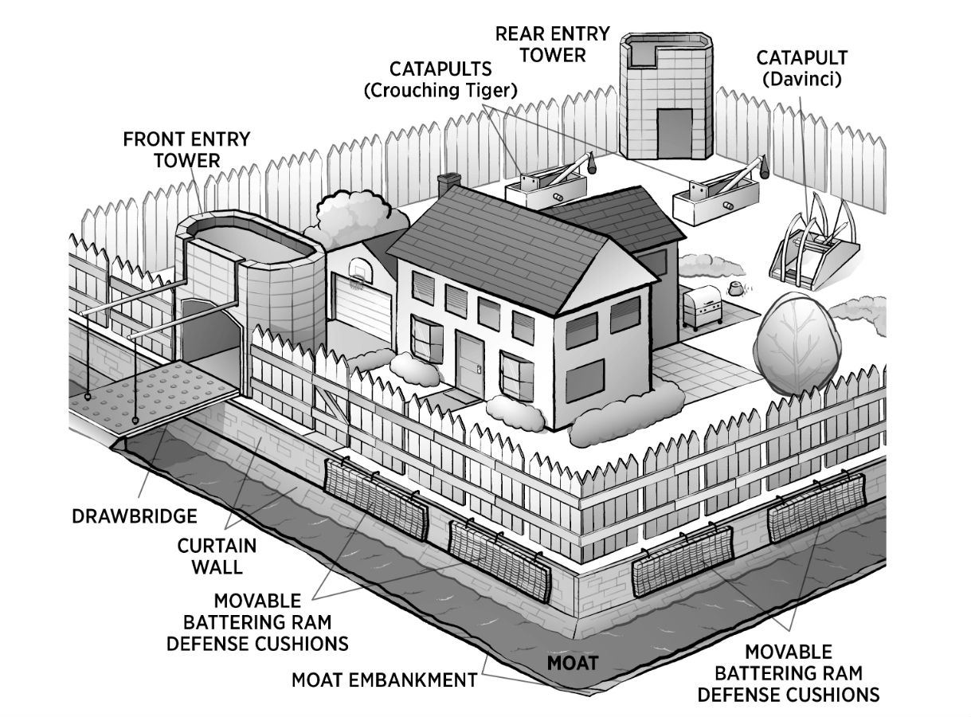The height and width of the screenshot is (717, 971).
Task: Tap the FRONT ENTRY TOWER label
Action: pos(186,149)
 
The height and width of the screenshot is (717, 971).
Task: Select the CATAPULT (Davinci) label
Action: pos(801,69)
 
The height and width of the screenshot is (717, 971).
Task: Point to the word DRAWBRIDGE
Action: pos(135,515)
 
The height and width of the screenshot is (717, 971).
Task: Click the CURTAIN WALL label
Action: pos(217,556)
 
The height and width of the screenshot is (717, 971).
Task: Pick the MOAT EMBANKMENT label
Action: pos(384,680)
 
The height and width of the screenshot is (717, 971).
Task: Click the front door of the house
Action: pos(470,365)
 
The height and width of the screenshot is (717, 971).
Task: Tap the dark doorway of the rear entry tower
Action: pos(675,133)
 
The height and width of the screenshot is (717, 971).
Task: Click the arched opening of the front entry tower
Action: pos(204,335)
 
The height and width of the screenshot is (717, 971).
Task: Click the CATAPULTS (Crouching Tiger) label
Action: pos(440,80)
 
